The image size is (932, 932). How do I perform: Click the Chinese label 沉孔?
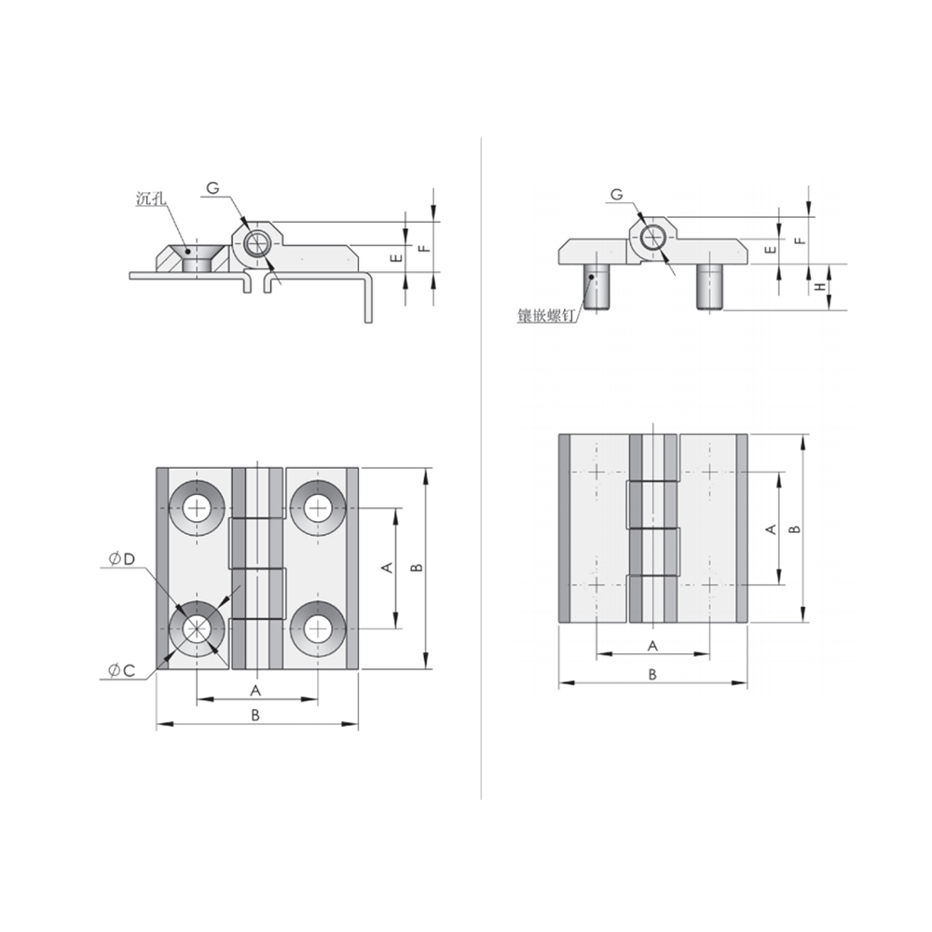pos(150,198)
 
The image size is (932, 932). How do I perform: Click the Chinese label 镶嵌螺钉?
pos(547,315)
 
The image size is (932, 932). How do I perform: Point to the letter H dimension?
pos(820,287)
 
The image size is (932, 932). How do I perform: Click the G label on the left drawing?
pos(212,188)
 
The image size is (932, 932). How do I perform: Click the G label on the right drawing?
pos(616,194)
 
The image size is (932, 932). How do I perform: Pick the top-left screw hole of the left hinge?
pos(198,508)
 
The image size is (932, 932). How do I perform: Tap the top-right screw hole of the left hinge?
pos(318,508)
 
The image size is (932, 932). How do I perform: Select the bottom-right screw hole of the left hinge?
pos(318,628)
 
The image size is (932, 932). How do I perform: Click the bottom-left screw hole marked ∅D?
pos(198,628)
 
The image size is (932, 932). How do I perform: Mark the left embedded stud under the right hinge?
pos(596,286)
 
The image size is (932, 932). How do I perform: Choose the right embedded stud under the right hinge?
pos(711,286)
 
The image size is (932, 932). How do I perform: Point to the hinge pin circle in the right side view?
pos(654,237)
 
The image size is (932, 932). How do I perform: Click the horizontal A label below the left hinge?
pos(254,690)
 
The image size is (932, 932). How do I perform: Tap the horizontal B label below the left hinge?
pos(255,715)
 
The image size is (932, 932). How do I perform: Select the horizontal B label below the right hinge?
pos(652,674)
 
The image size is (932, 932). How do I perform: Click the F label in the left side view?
pos(422,249)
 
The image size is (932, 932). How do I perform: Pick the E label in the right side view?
pos(769,249)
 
